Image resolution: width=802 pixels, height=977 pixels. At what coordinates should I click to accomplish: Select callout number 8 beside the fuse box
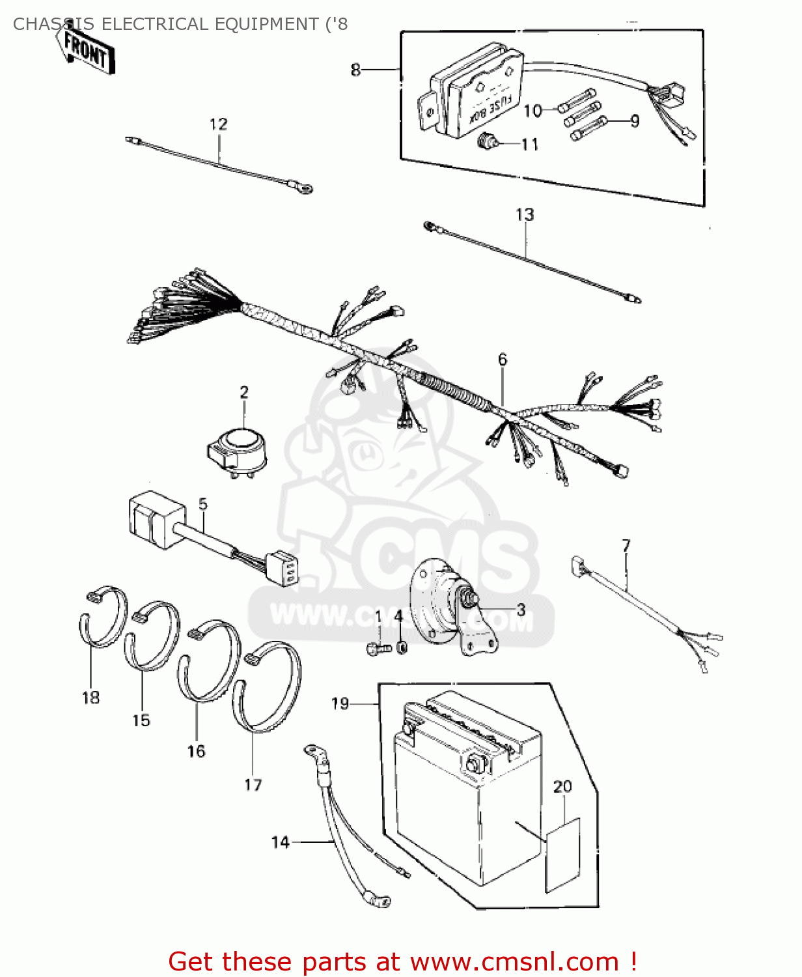[x=355, y=69]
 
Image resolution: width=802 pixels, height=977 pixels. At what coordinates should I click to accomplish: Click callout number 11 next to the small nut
[x=530, y=144]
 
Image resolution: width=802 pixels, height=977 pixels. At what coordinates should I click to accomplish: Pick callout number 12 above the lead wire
[x=219, y=124]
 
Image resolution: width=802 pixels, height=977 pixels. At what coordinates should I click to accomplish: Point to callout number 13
[x=525, y=214]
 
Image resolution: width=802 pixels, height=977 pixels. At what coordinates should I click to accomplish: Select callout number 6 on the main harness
[x=503, y=360]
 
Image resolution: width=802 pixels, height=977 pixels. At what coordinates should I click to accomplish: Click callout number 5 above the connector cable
[x=203, y=503]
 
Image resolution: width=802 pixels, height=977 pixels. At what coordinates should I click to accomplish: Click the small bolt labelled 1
[x=376, y=649]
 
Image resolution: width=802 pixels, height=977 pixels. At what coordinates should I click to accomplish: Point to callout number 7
[x=626, y=545]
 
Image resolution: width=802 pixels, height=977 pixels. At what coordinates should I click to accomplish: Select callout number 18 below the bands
[x=90, y=698]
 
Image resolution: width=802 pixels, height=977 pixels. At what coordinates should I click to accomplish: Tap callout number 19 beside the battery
[x=340, y=703]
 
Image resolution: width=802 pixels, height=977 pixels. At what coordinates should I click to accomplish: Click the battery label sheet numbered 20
[x=562, y=853]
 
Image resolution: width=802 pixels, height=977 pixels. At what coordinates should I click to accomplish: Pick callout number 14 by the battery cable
[x=280, y=842]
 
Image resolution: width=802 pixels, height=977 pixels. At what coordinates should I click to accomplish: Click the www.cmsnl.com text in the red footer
[x=514, y=961]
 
